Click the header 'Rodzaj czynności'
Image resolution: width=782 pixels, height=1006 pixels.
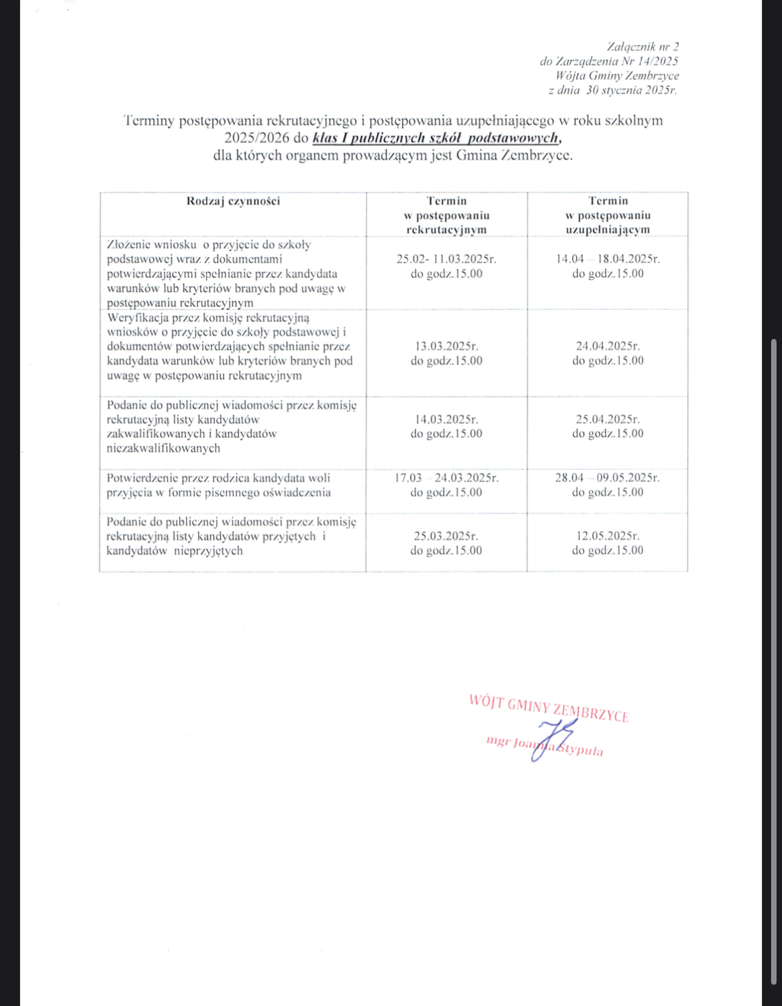(x=233, y=201)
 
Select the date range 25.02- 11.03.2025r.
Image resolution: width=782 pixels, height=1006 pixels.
(x=446, y=259)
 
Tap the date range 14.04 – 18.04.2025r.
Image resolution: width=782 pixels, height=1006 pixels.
(x=607, y=259)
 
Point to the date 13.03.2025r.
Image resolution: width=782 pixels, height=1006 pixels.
(x=446, y=346)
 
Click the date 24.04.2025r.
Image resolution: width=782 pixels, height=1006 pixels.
(x=607, y=346)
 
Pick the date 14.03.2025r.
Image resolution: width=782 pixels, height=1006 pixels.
(x=446, y=419)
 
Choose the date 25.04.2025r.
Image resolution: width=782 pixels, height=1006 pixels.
(x=607, y=419)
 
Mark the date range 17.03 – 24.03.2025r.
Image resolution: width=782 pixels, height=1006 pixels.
(x=446, y=478)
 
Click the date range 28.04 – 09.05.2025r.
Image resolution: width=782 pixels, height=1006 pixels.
(x=607, y=478)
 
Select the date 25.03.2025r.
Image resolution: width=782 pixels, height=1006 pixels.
(x=446, y=536)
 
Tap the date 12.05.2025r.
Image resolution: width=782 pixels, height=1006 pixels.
(x=607, y=536)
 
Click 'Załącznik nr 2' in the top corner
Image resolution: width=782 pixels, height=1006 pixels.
(x=643, y=47)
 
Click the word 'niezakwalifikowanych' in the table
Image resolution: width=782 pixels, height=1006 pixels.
(x=163, y=449)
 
